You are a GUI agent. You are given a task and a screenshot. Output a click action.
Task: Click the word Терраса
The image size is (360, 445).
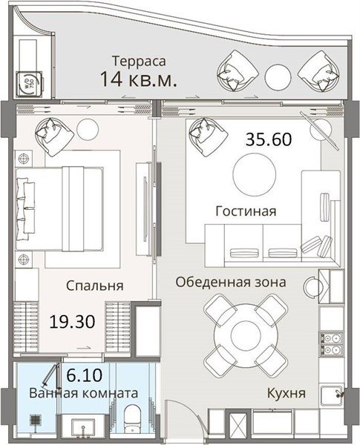[x=139, y=62]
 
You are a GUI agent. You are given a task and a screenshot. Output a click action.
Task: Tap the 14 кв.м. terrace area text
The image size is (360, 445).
[x=139, y=79]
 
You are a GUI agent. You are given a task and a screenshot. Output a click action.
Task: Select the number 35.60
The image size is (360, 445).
[x=269, y=139]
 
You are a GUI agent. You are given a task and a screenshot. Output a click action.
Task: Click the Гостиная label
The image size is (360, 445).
[x=246, y=211]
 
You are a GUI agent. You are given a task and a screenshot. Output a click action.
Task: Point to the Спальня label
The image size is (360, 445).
[x=95, y=286]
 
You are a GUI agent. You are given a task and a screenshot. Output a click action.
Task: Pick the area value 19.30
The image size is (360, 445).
[x=72, y=322]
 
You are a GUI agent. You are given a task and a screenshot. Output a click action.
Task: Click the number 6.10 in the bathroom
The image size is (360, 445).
[x=84, y=375]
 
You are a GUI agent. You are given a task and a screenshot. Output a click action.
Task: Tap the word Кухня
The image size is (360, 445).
[x=287, y=394]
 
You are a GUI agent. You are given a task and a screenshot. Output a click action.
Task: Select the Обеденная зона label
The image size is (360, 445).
[x=231, y=283]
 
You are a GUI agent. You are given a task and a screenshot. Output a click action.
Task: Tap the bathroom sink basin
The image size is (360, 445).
[x=83, y=428]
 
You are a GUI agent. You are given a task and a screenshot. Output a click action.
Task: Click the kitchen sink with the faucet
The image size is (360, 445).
[x=332, y=395]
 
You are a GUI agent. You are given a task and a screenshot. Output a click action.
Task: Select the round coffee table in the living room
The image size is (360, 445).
[x=255, y=174]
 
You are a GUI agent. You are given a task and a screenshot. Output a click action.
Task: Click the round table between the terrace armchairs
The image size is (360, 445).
[x=278, y=77]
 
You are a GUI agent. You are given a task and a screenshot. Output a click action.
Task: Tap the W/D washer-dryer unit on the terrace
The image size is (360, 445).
[x=29, y=84]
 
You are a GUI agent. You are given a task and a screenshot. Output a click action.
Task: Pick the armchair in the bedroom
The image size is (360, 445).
[x=54, y=136]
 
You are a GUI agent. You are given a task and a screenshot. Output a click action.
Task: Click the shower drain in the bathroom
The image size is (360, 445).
[x=35, y=420]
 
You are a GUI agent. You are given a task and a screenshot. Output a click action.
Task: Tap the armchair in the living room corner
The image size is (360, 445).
[x=209, y=136]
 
